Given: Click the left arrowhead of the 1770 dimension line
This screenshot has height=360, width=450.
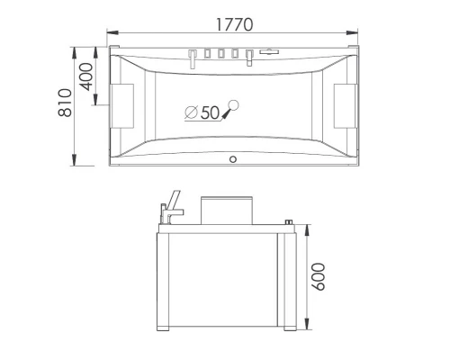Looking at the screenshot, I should [111, 35].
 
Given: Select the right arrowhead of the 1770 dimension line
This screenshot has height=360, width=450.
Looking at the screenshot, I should [355, 35].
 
